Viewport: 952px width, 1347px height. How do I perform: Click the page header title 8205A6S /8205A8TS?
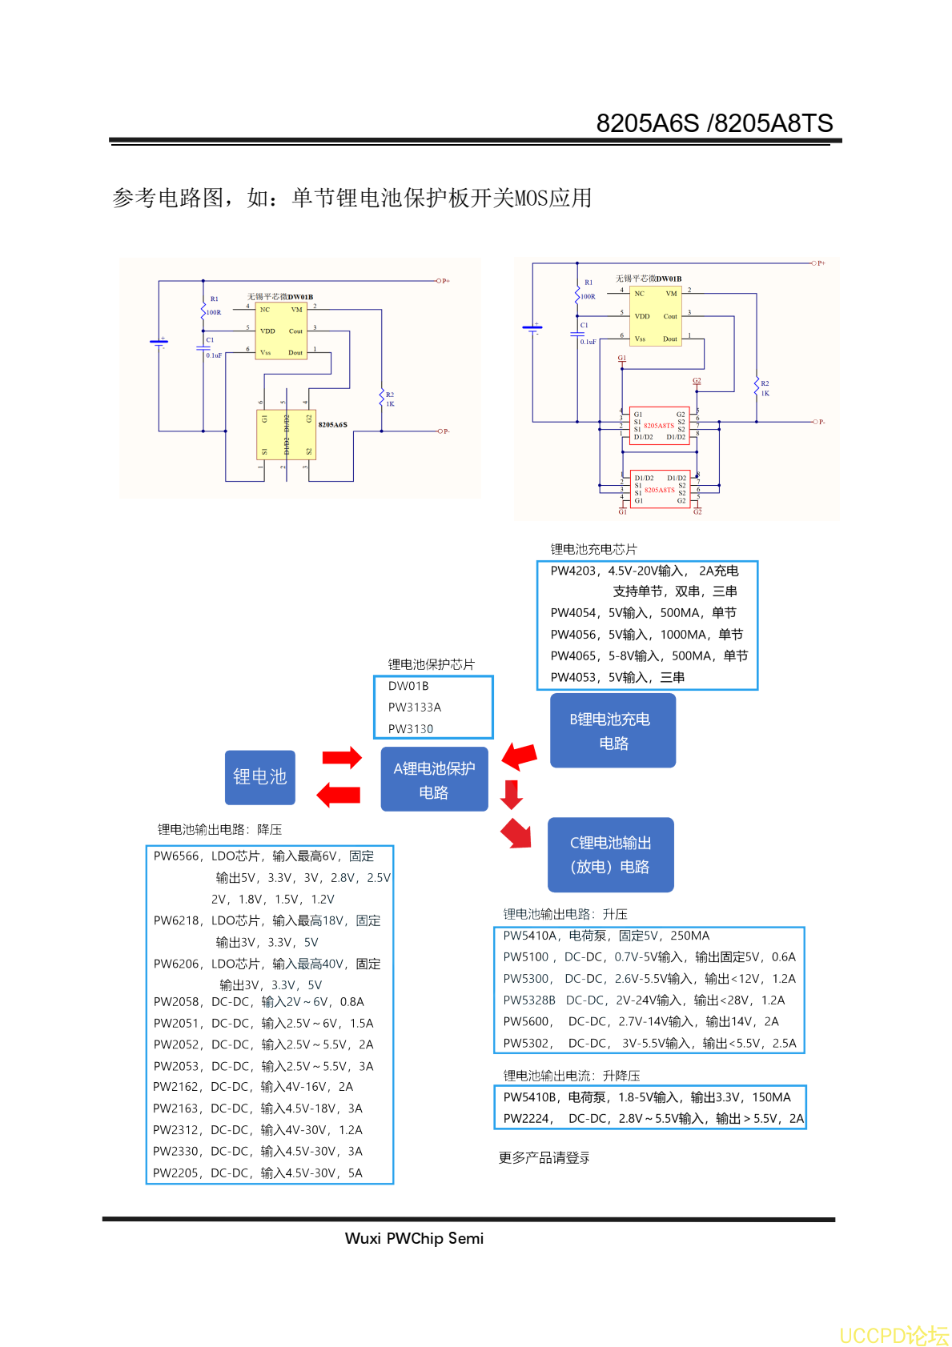click(714, 123)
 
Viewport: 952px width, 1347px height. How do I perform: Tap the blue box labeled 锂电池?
click(260, 777)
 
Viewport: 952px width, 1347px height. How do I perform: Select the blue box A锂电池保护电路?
click(434, 780)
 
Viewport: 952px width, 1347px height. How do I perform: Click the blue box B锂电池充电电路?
click(613, 731)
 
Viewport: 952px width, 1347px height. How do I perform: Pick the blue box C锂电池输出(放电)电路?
click(610, 855)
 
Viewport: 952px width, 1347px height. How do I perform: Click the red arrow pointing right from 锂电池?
click(342, 757)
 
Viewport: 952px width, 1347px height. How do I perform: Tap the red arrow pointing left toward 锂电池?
click(339, 795)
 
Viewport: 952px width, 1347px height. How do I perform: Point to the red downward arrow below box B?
click(512, 794)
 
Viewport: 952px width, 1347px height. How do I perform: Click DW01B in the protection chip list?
click(408, 686)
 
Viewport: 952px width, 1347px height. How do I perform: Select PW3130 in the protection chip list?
click(411, 729)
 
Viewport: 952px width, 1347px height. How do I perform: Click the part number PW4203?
click(573, 571)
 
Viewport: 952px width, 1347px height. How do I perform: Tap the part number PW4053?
click(573, 677)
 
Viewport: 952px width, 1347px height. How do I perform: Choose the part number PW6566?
click(177, 856)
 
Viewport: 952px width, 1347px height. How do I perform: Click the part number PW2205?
click(176, 1173)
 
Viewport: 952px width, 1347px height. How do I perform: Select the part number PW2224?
click(526, 1118)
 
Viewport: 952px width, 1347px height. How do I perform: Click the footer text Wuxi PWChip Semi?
click(414, 1238)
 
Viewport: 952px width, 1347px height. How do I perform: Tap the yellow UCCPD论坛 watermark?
click(894, 1335)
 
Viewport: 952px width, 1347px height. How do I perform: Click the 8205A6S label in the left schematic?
click(333, 425)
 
